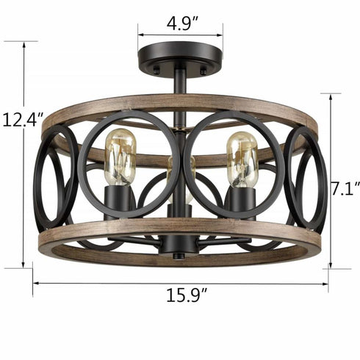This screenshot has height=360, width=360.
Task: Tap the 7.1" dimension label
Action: click(343, 189)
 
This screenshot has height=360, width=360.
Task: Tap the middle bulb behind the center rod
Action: click(174, 176)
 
